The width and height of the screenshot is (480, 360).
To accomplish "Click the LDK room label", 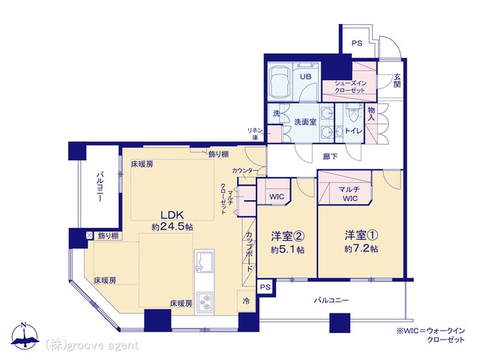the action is (x=172, y=215).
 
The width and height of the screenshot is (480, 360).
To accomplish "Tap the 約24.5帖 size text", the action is (x=172, y=226).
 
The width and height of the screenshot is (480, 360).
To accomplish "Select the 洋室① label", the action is (x=361, y=235).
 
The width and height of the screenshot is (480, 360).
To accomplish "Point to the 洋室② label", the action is (x=287, y=236).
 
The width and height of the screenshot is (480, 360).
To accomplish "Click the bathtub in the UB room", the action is (x=280, y=82).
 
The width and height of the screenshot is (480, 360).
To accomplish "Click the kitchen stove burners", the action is (x=205, y=302).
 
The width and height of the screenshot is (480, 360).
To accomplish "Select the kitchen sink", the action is (x=205, y=260).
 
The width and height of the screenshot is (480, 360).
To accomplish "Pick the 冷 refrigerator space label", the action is (x=246, y=301).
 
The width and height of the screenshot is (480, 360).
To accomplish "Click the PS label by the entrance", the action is (x=357, y=43).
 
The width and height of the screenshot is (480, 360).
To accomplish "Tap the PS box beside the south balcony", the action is (x=265, y=287).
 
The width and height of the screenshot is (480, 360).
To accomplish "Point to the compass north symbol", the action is (x=25, y=335).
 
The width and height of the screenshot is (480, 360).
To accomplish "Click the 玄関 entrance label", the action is (x=397, y=80).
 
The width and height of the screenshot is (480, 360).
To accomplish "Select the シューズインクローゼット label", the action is (x=350, y=87).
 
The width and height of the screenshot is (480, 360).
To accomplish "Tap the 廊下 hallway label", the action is (x=330, y=157).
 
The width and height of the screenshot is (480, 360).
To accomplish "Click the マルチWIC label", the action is (x=349, y=193).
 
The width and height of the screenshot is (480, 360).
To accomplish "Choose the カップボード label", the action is (x=249, y=251).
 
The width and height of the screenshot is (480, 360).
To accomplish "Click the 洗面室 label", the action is (x=305, y=121).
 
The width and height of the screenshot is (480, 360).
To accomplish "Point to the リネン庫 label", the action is (x=255, y=133).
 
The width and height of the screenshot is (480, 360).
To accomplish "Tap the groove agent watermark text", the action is (x=91, y=345).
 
